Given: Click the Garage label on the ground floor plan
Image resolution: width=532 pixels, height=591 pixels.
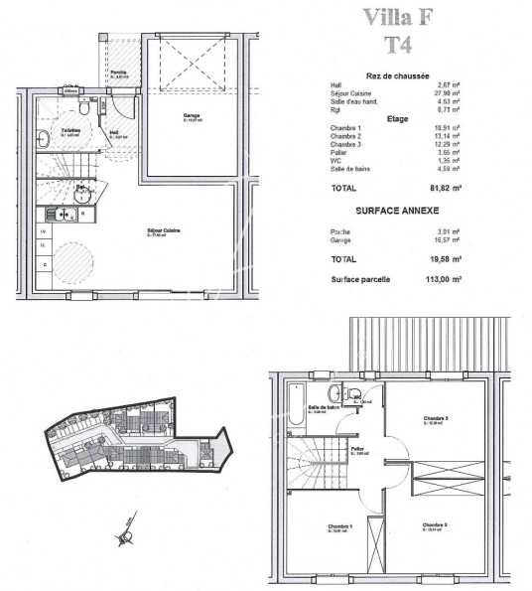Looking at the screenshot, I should [x=192, y=116].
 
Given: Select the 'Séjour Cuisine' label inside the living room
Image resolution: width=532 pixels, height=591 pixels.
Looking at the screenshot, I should [x=164, y=233].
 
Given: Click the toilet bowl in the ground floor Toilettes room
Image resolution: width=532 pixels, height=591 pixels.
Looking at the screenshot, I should [x=43, y=138].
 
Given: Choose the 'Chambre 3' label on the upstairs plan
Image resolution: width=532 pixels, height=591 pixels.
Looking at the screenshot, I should [x=436, y=418].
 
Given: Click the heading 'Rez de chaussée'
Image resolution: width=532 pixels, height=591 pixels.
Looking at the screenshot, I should [x=397, y=74].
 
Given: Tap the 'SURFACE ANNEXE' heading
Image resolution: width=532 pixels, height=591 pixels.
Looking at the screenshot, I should [x=397, y=211].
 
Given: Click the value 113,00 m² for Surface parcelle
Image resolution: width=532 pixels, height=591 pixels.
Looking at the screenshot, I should [x=447, y=280].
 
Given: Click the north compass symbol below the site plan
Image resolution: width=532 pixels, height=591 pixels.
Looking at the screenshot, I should [x=127, y=537].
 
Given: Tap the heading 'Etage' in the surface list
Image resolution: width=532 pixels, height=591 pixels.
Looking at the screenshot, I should [x=397, y=118].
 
